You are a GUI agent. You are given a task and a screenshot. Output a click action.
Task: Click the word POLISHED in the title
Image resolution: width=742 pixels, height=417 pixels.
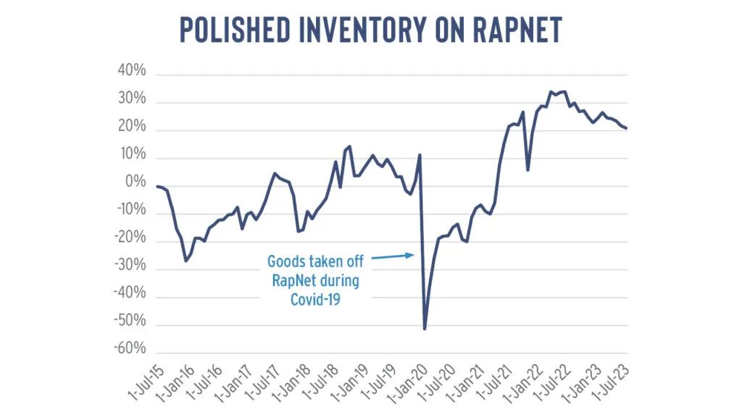tap(235, 30)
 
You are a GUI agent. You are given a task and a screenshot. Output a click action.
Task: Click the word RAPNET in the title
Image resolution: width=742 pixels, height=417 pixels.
tap(517, 30)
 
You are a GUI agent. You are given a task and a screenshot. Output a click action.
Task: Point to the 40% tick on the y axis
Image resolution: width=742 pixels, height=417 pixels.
tap(132, 70)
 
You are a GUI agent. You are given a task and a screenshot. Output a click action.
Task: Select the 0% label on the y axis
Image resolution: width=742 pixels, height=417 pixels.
tap(136, 182)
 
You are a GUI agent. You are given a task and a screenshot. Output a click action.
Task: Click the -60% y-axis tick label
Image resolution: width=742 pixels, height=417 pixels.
tap(130, 348)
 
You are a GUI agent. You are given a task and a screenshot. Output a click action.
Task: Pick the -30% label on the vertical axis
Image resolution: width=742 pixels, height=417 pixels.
tap(130, 265)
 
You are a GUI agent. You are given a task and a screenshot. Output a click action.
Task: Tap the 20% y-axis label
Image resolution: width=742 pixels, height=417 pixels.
tap(132, 126)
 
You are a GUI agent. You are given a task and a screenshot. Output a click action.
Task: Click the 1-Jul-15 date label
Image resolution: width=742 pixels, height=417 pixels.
tap(146, 382)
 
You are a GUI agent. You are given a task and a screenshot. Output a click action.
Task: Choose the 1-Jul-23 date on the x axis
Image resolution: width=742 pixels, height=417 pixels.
tap(611, 382)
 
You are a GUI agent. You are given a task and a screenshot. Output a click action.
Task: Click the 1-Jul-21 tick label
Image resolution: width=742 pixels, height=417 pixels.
tap(494, 382)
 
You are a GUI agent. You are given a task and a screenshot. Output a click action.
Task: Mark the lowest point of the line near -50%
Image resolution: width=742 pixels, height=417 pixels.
tap(425, 329)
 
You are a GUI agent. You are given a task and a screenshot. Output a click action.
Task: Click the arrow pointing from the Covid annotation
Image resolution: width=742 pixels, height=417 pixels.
tap(393, 257)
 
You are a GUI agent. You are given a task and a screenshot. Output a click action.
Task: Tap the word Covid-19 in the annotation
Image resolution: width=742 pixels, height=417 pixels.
tap(315, 300)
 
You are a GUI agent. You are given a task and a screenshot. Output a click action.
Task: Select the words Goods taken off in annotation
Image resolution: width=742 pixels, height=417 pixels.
tap(315, 261)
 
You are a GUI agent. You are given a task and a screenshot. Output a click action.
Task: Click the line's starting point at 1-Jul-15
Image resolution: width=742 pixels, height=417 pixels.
tap(157, 186)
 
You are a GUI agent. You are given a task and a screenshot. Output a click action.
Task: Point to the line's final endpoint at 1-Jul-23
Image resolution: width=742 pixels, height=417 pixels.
tap(626, 128)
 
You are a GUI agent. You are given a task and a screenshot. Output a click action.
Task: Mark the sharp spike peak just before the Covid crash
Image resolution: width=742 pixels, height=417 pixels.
tap(420, 155)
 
